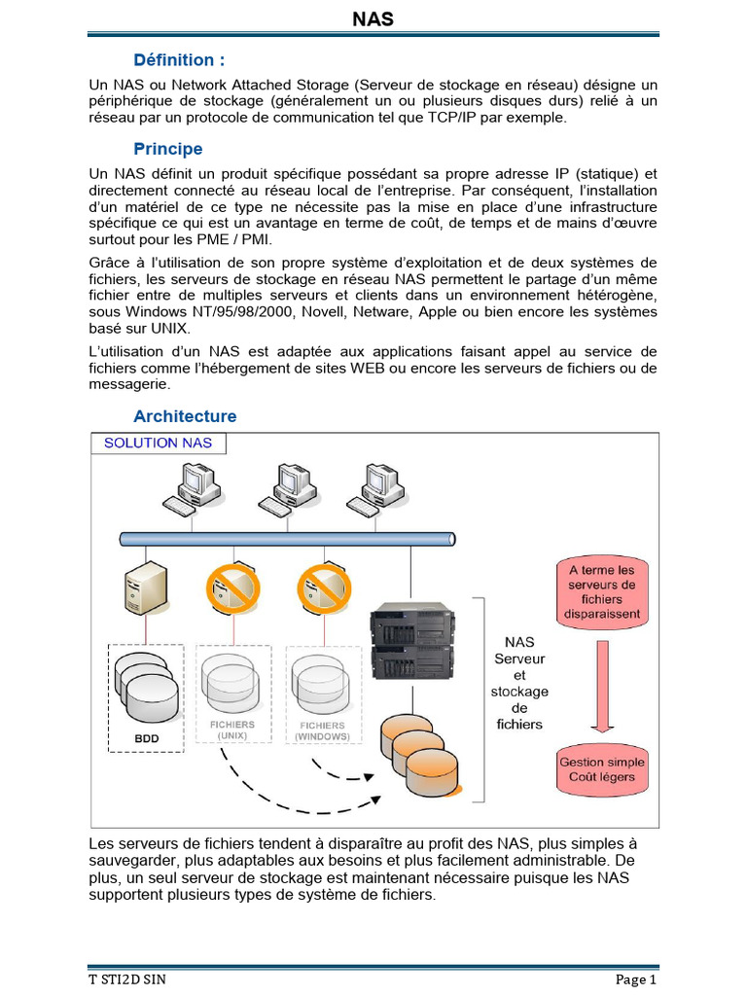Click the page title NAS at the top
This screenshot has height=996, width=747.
(x=373, y=18)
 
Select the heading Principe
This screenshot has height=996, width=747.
(x=168, y=149)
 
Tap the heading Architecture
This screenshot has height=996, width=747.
(x=185, y=416)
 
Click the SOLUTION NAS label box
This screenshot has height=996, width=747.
(x=158, y=444)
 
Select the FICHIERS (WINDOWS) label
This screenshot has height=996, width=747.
(x=322, y=730)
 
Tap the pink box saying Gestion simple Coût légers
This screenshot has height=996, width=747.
(x=602, y=769)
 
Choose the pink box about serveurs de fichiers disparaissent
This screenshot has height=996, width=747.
(x=603, y=592)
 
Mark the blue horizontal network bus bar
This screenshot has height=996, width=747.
(x=288, y=538)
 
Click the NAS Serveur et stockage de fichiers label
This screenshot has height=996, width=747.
(x=519, y=683)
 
